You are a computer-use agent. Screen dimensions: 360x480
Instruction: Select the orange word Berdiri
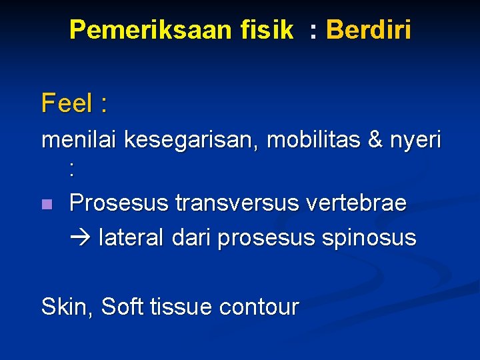click(x=368, y=30)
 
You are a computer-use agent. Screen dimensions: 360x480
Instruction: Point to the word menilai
click(x=79, y=141)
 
